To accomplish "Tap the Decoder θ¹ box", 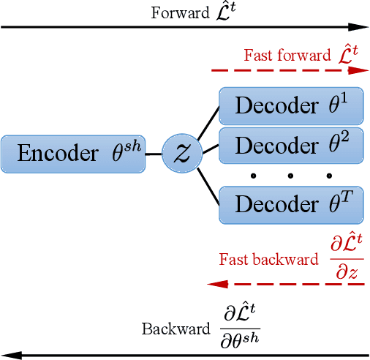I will (x=291, y=107).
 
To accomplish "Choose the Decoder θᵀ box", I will (x=291, y=204).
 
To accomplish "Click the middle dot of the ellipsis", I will (x=291, y=176).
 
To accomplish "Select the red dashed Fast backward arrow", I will (x=285, y=283).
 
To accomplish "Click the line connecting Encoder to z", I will (x=153, y=154).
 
